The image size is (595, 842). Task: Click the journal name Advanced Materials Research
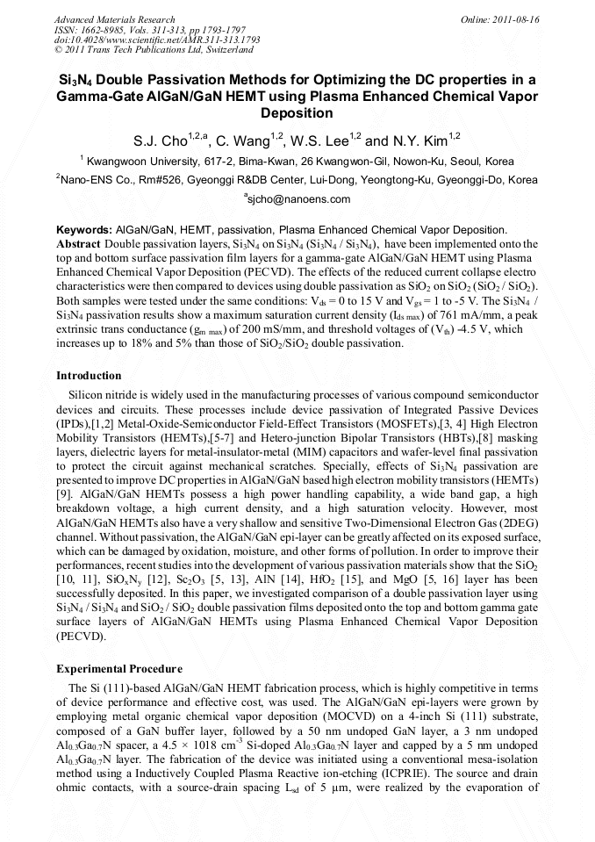tap(114, 19)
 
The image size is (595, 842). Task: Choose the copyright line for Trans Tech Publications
tap(140, 51)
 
